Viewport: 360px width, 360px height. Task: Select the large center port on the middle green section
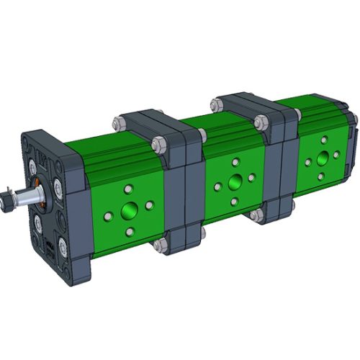click(x=235, y=183)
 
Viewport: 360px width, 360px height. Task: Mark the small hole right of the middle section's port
click(x=251, y=178)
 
